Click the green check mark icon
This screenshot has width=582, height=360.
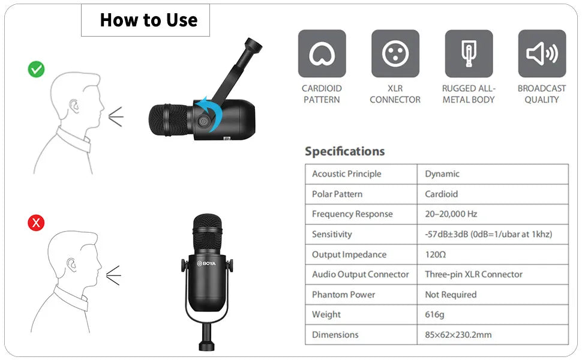36,70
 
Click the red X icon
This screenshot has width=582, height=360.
36,223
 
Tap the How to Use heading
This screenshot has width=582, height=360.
148,20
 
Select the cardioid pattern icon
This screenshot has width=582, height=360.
322,53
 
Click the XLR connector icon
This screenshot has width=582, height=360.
395,53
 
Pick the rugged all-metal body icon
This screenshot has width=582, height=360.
469,53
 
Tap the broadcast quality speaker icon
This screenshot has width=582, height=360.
542,53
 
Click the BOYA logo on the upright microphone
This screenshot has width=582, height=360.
206,263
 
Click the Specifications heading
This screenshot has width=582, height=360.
344,151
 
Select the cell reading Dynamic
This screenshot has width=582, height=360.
442,173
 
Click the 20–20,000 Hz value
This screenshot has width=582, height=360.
451,214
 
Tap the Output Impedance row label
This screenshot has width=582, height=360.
349,254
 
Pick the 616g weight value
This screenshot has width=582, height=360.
434,314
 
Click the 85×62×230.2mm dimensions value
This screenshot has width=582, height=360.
458,334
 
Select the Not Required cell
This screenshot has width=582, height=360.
451,295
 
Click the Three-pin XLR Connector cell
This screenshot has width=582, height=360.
473,274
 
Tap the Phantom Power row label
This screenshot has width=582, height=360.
343,295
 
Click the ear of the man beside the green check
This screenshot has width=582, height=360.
74,106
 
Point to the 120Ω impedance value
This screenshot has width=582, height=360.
436,254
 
